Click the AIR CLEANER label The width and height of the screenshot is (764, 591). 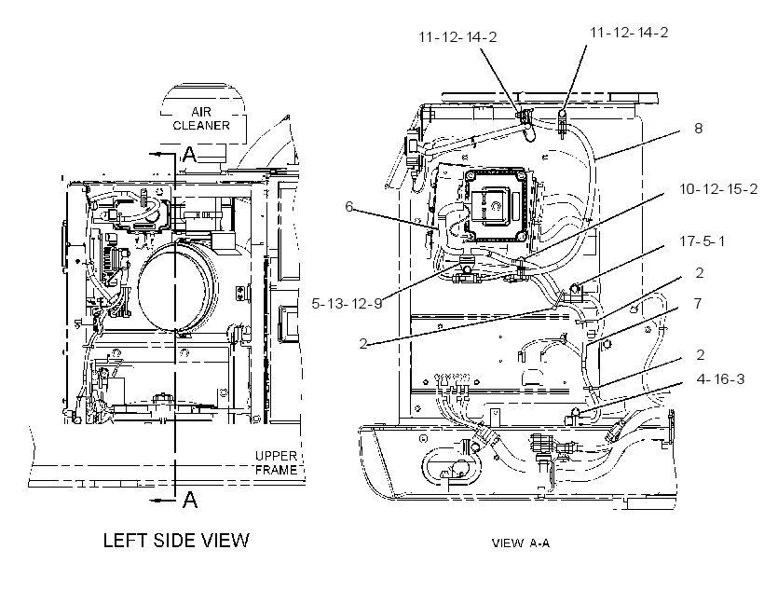click(x=201, y=118)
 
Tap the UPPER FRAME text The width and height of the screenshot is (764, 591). click(x=276, y=462)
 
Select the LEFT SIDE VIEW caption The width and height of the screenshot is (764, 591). click(x=176, y=541)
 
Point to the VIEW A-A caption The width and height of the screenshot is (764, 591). click(x=521, y=543)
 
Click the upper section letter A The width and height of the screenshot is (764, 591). click(x=189, y=154)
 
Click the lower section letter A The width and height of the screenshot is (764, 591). click(x=189, y=500)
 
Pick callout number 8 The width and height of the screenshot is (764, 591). click(x=698, y=129)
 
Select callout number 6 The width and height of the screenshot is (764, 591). click(x=348, y=206)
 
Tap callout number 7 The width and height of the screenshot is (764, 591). click(x=698, y=303)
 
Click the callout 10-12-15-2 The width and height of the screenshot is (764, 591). click(x=718, y=188)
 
